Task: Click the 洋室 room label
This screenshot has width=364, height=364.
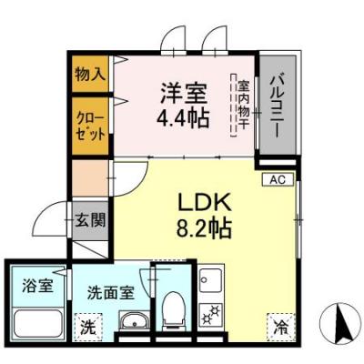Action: (185, 92)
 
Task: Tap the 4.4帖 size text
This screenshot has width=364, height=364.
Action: (185, 118)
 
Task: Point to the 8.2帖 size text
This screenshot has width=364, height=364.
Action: (212, 226)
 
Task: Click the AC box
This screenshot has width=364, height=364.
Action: (277, 180)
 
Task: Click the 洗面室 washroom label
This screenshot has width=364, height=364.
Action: (111, 294)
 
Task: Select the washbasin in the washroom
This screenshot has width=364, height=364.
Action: (134, 322)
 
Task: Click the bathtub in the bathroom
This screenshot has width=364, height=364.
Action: (38, 322)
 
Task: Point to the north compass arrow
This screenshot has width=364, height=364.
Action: (343, 319)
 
